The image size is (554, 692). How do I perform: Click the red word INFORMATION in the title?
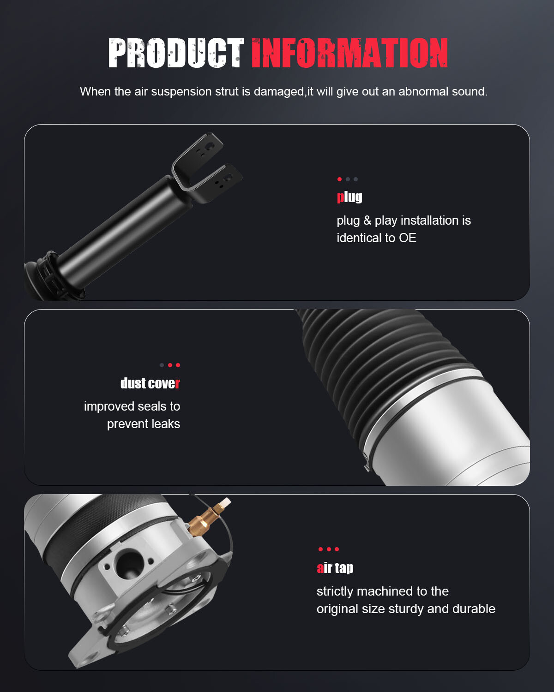pos(349,53)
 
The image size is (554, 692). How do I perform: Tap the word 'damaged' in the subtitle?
pos(279,92)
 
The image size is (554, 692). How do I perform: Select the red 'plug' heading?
pos(349,197)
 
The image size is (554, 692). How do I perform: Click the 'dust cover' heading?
pos(150,383)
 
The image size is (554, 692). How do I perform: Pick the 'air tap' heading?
pos(335,568)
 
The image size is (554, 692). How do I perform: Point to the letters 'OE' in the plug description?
pos(408,238)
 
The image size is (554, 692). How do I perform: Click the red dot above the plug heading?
pos(339,179)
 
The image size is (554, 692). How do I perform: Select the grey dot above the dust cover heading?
pos(162,365)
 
